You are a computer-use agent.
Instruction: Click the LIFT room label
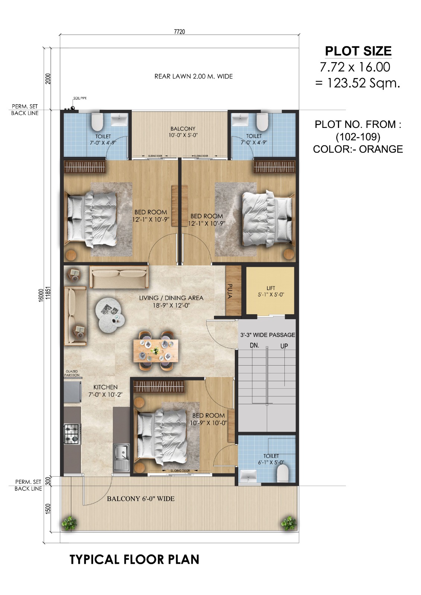pos(271,288)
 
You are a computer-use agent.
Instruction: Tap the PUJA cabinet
pos(233,290)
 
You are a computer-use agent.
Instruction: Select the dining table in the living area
pos(156,351)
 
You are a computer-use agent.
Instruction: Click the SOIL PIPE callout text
pos(80,98)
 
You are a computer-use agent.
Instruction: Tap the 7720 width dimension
pos(179,32)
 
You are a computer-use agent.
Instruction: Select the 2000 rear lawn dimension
pos(48,78)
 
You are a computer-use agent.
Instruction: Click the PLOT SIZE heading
pos(358,51)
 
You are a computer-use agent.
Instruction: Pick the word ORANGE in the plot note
pos(381,149)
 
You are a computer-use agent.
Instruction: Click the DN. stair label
pos(254,345)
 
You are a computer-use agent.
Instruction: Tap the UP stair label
pos(284,346)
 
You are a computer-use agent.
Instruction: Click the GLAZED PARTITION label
pos(72,373)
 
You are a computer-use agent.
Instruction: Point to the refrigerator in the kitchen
pos(72,393)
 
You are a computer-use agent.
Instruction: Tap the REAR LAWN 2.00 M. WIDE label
pos(194,77)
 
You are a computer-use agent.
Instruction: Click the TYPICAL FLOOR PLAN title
pos(134,559)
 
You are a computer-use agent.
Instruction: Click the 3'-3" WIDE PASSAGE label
pos(268,335)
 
